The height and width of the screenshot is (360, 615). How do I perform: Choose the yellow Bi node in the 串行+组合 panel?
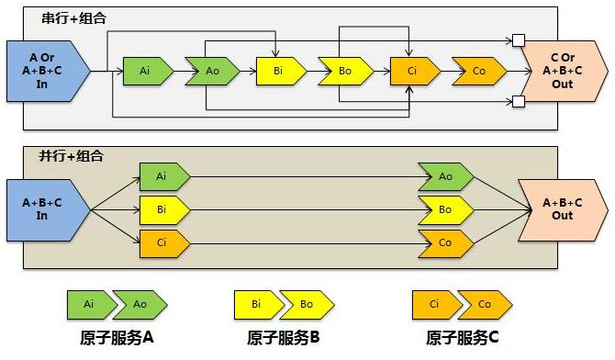pos(277,71)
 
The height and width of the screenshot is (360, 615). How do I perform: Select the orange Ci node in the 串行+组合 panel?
pos(412,71)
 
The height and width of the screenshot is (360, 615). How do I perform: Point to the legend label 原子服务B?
pos(283,338)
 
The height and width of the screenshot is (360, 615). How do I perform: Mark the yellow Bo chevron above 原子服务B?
pos(308,303)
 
